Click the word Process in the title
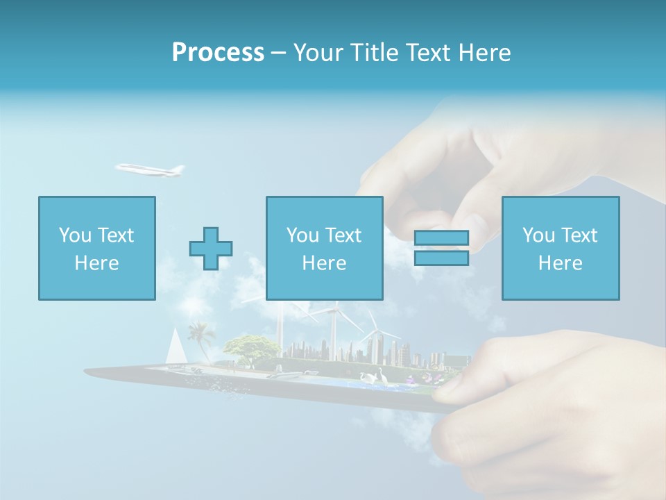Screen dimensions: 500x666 218,53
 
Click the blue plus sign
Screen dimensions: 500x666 211,248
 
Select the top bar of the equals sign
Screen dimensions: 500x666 441,238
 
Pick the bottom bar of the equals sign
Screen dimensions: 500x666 441,258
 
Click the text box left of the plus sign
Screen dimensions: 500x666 97,248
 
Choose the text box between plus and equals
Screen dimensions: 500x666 324,248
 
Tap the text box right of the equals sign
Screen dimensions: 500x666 561,248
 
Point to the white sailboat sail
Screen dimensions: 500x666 176,345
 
